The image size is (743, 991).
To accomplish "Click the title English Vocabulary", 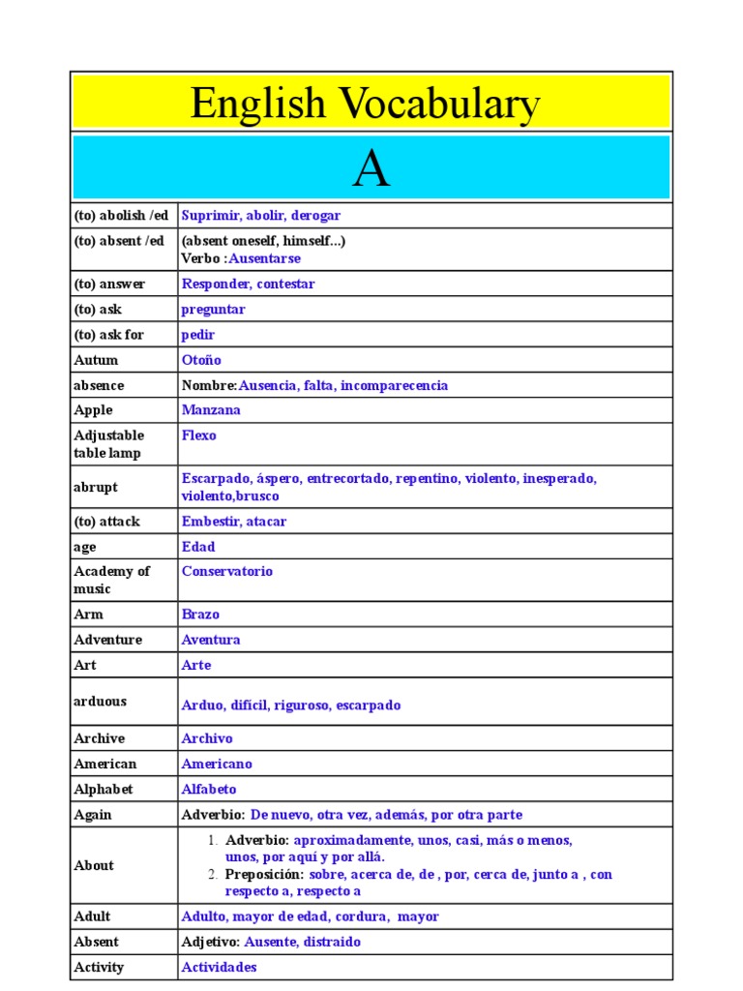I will tap(365, 104).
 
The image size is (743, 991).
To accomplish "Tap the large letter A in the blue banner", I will tap(371, 169).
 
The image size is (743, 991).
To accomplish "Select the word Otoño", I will tap(201, 360).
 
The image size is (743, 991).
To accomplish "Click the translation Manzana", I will tap(211, 410).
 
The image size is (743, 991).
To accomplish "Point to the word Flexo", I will tap(199, 435).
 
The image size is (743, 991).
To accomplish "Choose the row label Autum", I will tap(96, 360).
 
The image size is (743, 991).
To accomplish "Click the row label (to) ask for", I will tap(108, 335).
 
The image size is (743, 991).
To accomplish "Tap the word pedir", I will tap(198, 335).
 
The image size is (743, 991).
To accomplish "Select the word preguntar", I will tap(214, 310).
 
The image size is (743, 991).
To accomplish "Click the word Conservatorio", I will tap(227, 571).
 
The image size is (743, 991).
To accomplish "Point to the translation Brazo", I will tap(200, 615).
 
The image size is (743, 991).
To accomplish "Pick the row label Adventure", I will tap(107, 640).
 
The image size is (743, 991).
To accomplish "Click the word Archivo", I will tap(207, 738).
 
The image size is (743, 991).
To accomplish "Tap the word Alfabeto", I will tap(209, 789).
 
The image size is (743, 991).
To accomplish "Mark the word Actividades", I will tap(220, 967).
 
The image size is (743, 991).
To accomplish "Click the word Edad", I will tap(198, 547).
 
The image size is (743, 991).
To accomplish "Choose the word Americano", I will tap(217, 764).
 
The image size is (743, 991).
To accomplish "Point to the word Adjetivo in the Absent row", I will tap(210, 942).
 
